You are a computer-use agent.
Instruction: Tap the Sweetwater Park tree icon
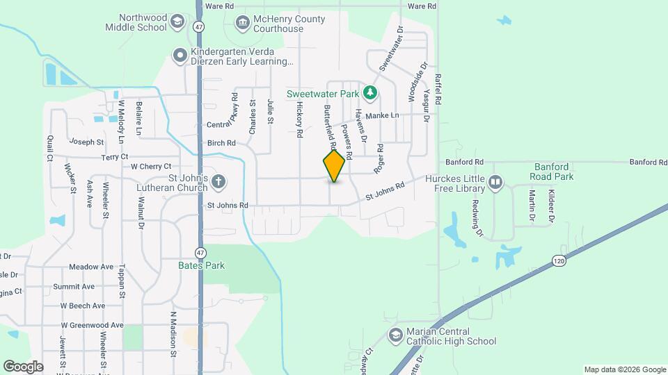[371, 93]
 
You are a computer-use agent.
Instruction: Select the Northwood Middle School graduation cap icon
[178, 22]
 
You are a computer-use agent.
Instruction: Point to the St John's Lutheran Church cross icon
[218, 183]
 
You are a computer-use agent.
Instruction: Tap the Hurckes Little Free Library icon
[495, 183]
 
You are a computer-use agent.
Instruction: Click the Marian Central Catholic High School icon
[396, 336]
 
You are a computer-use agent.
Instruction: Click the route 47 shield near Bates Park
[200, 252]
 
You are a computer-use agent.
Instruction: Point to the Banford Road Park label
[554, 172]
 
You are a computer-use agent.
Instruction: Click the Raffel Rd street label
[438, 90]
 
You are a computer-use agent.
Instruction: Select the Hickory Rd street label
[300, 118]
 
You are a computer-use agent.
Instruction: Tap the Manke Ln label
[383, 115]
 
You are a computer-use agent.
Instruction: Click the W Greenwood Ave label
[92, 325]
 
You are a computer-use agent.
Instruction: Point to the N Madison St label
[174, 333]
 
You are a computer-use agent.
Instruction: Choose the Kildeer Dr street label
[550, 206]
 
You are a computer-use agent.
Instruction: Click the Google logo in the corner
[22, 366]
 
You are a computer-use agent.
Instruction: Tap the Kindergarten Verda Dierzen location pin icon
[180, 54]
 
